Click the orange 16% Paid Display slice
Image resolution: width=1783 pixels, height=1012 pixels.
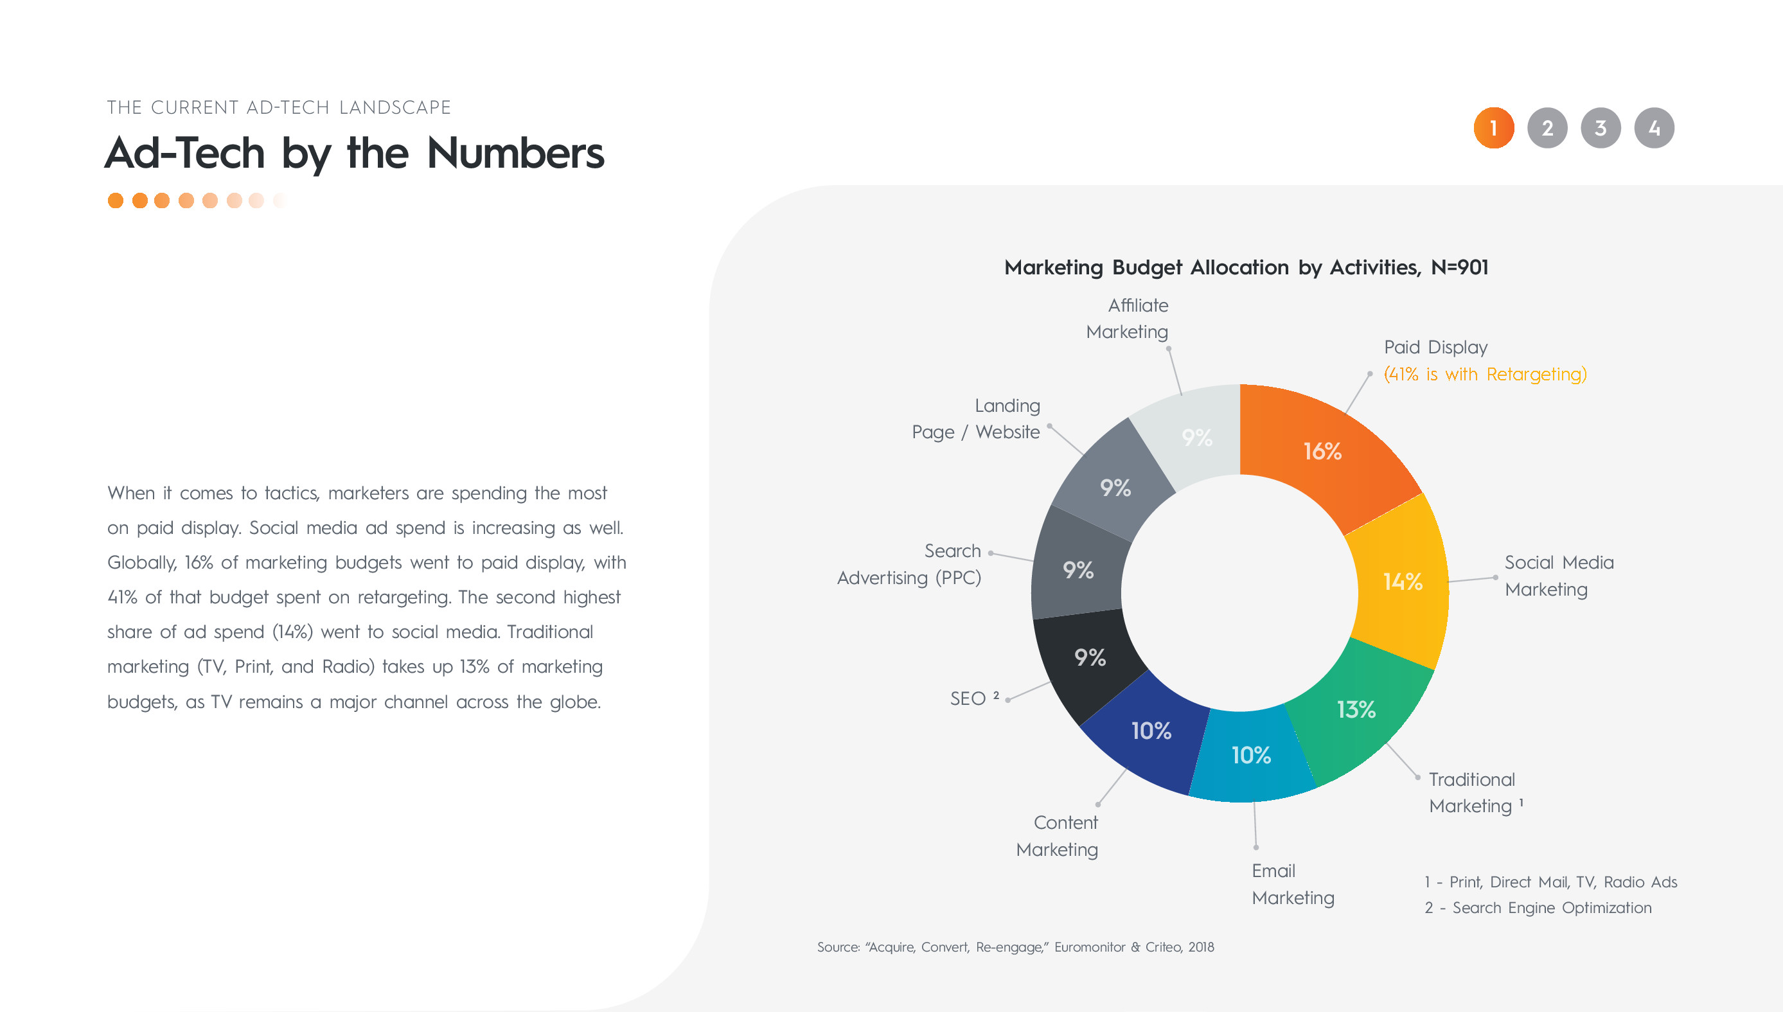tap(1323, 452)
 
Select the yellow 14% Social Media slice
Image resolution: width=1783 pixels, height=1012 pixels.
tap(1402, 581)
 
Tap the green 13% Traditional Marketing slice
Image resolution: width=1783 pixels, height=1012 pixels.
tap(1356, 711)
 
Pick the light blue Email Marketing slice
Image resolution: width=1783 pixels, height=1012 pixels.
tap(1252, 756)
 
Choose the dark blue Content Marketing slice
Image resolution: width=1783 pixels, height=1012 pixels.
tap(1151, 731)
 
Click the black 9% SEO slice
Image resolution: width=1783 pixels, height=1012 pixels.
tap(1090, 657)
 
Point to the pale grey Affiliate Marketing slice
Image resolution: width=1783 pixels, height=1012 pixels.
tap(1196, 438)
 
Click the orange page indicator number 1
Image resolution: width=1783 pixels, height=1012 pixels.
tap(1494, 128)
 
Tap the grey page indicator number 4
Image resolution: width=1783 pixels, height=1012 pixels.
tap(1654, 128)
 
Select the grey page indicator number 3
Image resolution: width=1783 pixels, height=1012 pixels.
tap(1601, 128)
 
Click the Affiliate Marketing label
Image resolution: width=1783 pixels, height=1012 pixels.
tap(1127, 318)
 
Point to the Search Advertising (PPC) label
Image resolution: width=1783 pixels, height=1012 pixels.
tap(909, 564)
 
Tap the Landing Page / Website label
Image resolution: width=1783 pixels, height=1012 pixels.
tap(975, 418)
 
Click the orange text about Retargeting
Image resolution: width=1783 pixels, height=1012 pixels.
tap(1485, 374)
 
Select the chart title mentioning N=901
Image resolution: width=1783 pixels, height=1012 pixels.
tap(1246, 267)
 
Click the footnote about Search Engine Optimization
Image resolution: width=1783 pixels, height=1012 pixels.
tap(1538, 908)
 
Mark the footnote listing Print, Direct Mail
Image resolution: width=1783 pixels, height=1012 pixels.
tap(1550, 882)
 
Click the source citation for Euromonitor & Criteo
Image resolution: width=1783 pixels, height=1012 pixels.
tap(1015, 946)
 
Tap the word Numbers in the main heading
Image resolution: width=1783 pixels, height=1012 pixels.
tap(515, 153)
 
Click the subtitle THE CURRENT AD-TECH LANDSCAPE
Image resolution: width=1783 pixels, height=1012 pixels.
tap(279, 108)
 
